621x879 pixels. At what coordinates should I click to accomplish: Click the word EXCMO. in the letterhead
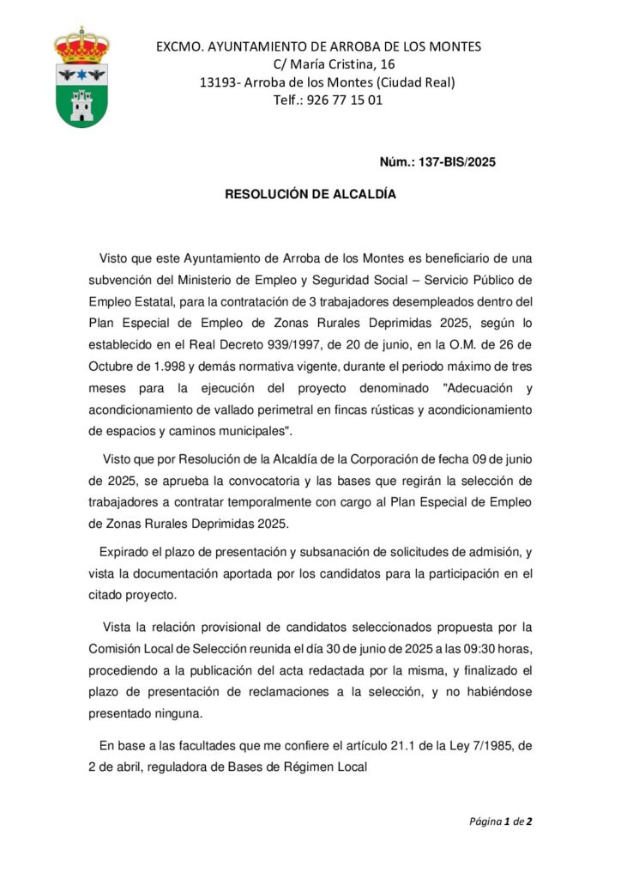point(178,46)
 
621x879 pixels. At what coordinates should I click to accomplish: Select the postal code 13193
point(220,82)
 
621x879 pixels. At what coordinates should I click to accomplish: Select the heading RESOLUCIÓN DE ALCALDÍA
point(310,195)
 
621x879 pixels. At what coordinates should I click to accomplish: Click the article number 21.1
point(439,747)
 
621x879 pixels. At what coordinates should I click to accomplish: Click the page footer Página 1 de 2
point(500,821)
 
